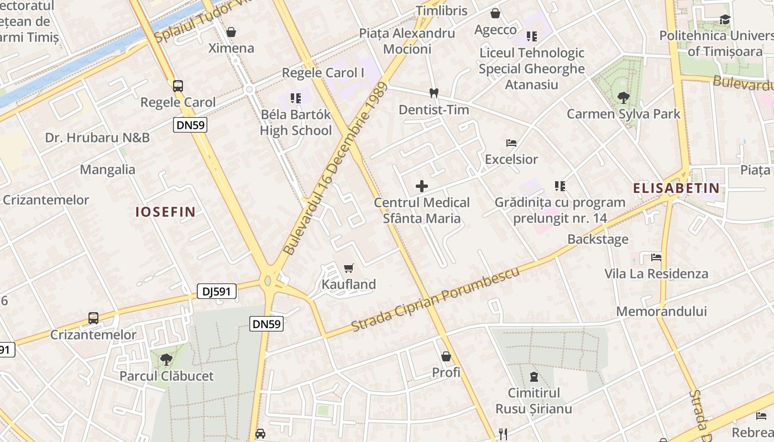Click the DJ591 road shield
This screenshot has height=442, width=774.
tap(217, 291)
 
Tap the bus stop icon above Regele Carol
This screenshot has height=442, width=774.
tap(177, 86)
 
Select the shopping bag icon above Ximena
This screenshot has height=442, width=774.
tap(231, 32)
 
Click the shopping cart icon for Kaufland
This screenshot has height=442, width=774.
tap(348, 269)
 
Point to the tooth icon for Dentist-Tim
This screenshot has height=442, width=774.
tap(434, 93)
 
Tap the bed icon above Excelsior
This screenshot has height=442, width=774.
tap(511, 143)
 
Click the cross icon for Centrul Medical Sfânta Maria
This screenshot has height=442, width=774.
tap(422, 186)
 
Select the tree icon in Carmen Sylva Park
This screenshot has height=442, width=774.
tap(623, 98)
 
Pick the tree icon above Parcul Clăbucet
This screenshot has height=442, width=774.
tap(166, 360)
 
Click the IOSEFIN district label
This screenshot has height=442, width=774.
tap(166, 212)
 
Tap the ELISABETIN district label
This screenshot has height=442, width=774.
tap(676, 188)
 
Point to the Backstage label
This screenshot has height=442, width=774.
tap(598, 239)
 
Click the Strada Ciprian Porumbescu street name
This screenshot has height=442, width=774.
tap(436, 300)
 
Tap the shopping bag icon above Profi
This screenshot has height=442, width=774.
tap(446, 356)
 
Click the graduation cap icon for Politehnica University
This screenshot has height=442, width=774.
tap(724, 20)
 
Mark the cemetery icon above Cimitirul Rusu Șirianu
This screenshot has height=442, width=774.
tap(534, 377)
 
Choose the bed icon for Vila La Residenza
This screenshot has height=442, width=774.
tap(656, 257)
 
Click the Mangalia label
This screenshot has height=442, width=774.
tap(108, 170)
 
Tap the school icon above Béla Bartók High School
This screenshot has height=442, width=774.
tap(296, 98)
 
